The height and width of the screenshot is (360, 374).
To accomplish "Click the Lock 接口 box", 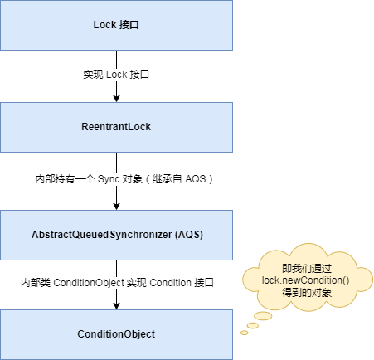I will click(x=116, y=25).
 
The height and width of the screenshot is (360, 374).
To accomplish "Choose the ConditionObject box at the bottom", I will click(x=116, y=334).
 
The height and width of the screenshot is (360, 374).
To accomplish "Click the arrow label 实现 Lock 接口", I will click(x=116, y=75).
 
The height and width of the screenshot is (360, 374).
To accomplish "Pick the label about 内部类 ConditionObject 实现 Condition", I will click(x=117, y=283).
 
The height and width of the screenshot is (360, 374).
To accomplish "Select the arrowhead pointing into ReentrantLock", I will click(x=116, y=99).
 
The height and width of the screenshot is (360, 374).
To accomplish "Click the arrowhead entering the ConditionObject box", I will click(x=116, y=305).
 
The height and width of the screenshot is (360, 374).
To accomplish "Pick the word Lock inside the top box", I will click(x=106, y=25).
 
